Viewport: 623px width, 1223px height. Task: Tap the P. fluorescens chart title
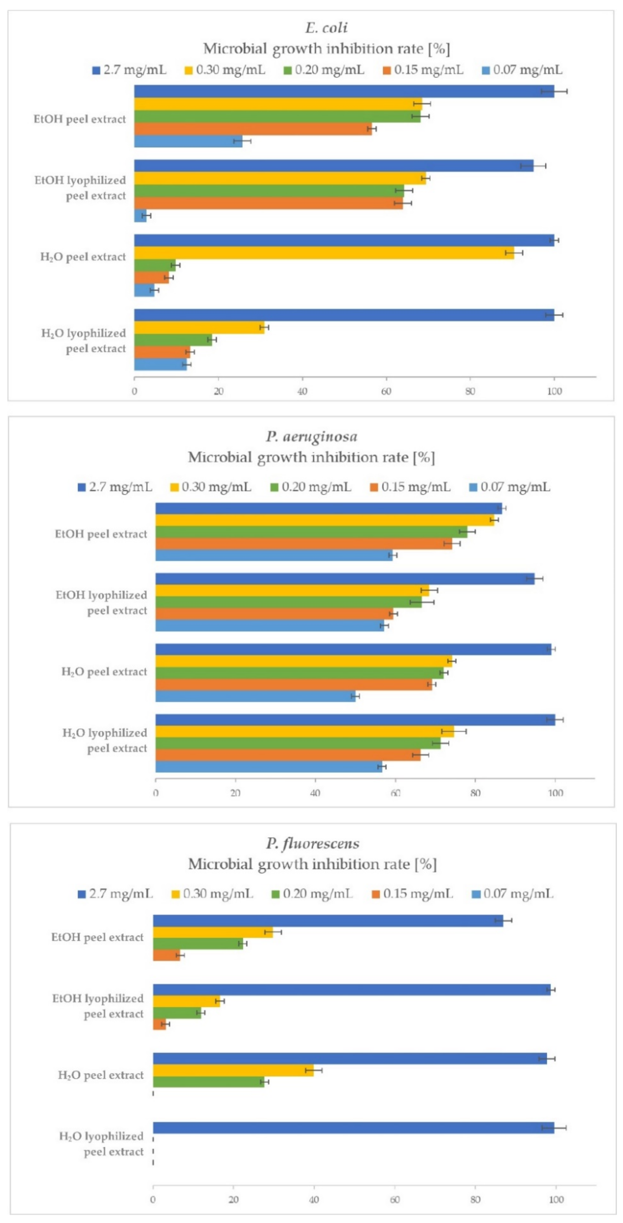(x=312, y=843)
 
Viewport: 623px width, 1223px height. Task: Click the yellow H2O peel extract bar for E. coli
(x=323, y=252)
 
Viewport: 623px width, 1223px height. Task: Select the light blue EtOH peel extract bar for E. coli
(x=188, y=141)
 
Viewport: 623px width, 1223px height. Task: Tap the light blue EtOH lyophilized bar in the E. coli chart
(x=140, y=215)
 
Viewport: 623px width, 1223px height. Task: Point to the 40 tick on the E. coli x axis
(x=302, y=392)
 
